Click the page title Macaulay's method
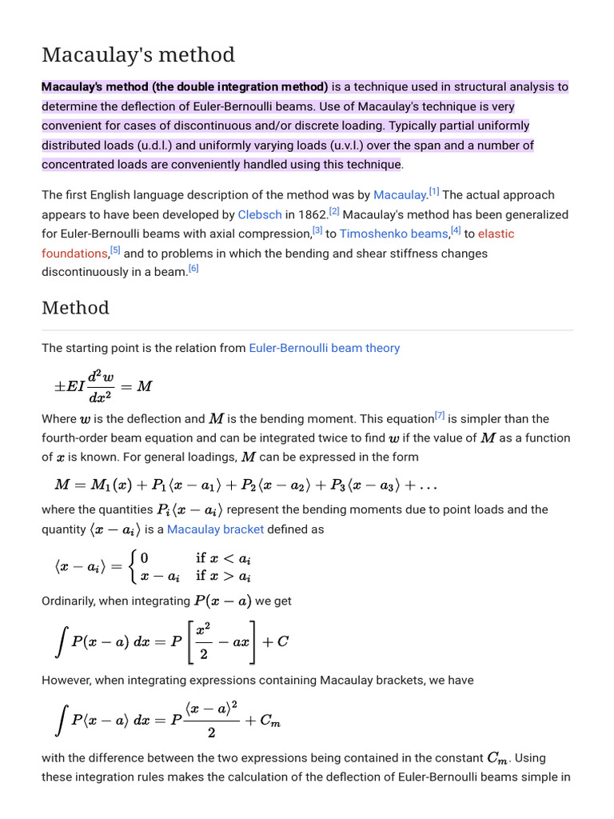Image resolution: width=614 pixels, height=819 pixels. (138, 55)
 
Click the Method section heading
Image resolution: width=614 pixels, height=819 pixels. (75, 308)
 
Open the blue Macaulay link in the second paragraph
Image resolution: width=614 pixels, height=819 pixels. (400, 195)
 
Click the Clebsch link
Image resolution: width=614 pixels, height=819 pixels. (258, 214)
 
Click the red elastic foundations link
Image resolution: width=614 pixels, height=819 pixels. (496, 234)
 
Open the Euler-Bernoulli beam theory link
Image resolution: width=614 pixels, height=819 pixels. (324, 348)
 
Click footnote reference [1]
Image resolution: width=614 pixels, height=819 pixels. (434, 192)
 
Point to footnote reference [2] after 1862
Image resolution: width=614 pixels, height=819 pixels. (333, 211)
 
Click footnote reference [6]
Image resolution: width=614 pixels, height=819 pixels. (193, 269)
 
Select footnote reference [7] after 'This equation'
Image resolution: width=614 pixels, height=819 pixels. (440, 415)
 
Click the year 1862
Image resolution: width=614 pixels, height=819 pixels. (311, 214)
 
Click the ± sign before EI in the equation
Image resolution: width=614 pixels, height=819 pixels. (59, 386)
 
